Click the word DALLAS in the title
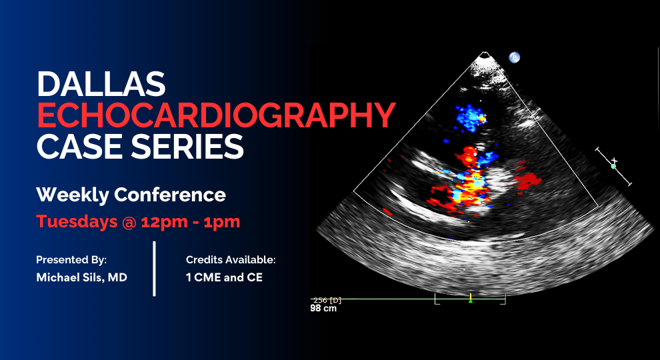101,83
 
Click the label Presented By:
71,259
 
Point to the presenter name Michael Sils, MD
81,277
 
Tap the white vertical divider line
155,268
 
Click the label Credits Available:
231,259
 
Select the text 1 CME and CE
224,277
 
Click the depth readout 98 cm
323,309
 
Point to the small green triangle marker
471,301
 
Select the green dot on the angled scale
613,166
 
